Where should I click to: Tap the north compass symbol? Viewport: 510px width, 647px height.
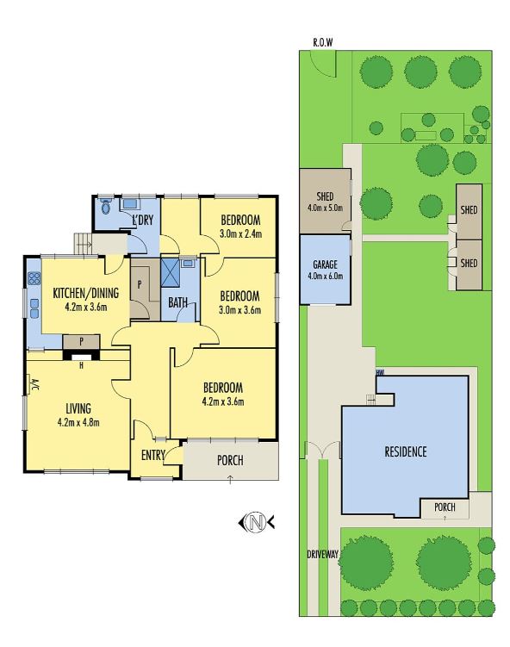click(255, 521)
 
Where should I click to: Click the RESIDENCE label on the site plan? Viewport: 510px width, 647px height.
click(405, 451)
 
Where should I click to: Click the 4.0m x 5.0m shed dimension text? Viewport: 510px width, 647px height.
click(325, 208)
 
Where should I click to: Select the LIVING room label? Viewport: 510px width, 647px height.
click(78, 407)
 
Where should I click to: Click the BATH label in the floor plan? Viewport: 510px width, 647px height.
click(178, 302)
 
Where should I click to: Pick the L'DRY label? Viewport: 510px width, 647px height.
click(142, 221)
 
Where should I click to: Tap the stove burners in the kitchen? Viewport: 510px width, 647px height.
click(35, 278)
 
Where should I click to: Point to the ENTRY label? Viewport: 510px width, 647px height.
click(153, 456)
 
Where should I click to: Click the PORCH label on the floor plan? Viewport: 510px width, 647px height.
click(229, 460)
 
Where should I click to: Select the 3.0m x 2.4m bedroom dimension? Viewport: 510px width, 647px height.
click(240, 233)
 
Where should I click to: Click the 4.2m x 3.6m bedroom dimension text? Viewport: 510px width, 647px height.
click(222, 401)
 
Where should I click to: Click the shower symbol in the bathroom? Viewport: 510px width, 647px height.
click(169, 272)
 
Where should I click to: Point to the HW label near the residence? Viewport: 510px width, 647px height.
click(378, 373)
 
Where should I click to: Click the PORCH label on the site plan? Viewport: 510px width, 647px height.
click(445, 507)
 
